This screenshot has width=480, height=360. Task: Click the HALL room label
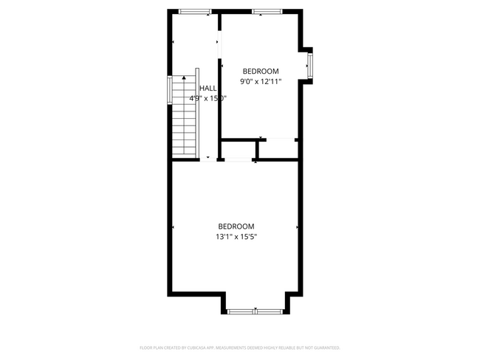click(208, 88)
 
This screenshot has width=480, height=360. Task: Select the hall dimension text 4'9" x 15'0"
click(208, 97)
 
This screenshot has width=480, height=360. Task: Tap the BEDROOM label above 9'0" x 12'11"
click(261, 71)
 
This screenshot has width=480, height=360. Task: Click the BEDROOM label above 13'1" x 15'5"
click(236, 226)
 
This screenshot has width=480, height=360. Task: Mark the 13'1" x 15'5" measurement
click(236, 237)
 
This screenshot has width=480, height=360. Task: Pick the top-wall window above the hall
click(196, 12)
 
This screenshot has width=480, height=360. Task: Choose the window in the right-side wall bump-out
click(311, 65)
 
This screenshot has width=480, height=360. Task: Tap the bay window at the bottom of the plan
click(256, 311)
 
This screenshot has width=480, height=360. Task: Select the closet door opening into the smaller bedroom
click(279, 139)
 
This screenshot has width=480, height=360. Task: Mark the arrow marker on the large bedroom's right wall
click(298, 227)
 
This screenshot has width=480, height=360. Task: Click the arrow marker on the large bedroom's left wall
click(173, 227)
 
